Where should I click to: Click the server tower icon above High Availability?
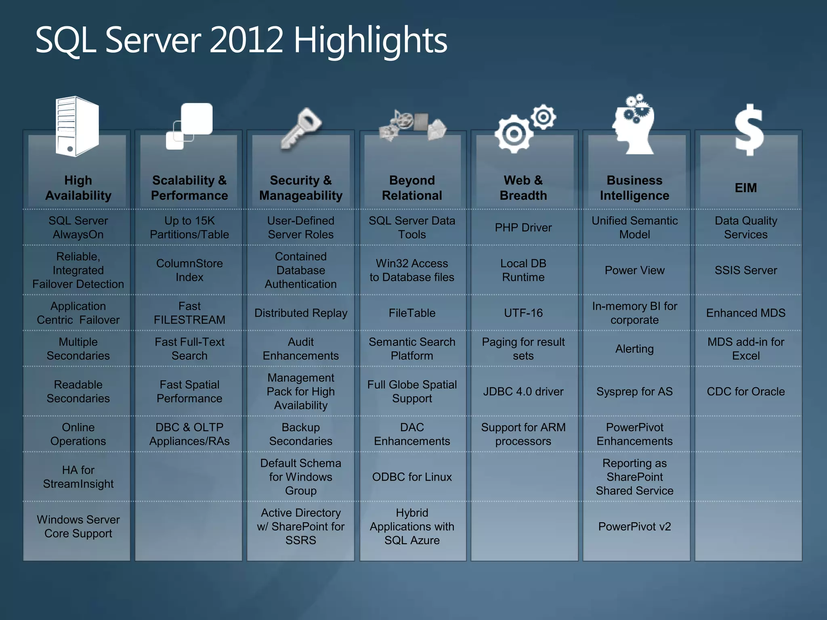[x=77, y=126]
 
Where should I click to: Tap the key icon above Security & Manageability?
[x=301, y=128]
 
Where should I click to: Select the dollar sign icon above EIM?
[x=749, y=130]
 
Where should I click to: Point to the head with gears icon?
[x=633, y=125]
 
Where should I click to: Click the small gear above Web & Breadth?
[x=544, y=117]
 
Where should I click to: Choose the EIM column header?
[x=746, y=188]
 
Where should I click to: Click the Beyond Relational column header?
[x=412, y=188]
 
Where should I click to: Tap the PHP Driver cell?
[x=523, y=228]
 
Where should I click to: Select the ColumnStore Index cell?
[x=189, y=270]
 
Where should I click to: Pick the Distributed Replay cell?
[x=301, y=313]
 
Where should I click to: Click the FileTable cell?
[x=412, y=313]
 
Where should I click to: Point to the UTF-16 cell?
[x=523, y=313]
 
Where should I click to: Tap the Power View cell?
[x=634, y=270]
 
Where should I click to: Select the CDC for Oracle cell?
[x=746, y=392]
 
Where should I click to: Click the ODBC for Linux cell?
[x=412, y=477]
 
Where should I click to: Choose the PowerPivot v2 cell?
[x=634, y=526]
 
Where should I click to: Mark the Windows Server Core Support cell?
[x=78, y=526]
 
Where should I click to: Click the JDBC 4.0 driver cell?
[x=523, y=392]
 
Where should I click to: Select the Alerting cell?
[x=634, y=349]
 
